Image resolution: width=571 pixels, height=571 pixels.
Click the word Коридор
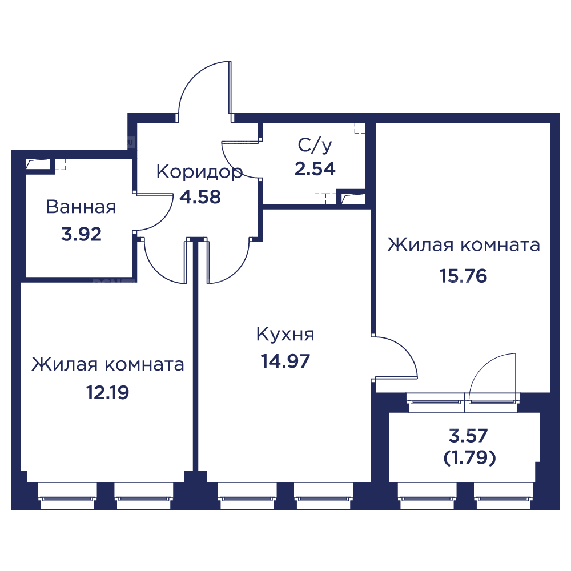pyautogui.click(x=199, y=172)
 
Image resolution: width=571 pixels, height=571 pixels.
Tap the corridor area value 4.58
pyautogui.click(x=200, y=197)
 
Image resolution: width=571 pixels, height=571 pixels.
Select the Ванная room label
pyautogui.click(x=81, y=207)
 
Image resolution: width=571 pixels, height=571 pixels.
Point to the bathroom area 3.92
pyautogui.click(x=82, y=234)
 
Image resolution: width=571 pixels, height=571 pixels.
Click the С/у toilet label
pyautogui.click(x=313, y=146)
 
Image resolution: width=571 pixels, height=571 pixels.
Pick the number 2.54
pyautogui.click(x=315, y=169)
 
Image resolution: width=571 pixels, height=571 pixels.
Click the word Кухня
pyautogui.click(x=285, y=335)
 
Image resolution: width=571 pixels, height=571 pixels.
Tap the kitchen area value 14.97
pyautogui.click(x=285, y=361)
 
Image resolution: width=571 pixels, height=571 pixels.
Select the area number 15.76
pyautogui.click(x=463, y=276)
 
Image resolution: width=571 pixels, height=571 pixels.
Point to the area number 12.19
pyautogui.click(x=107, y=392)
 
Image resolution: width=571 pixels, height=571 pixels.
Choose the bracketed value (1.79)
pyautogui.click(x=469, y=458)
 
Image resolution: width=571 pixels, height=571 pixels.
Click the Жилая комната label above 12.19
pyautogui.click(x=108, y=364)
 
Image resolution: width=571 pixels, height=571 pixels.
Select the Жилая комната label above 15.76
pyautogui.click(x=463, y=246)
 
